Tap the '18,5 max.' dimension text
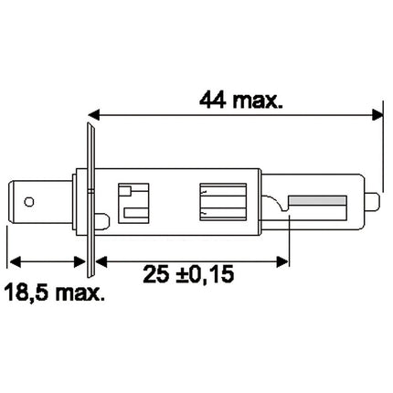click(55, 292)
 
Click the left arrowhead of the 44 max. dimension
click(96, 116)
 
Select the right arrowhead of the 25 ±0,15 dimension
click(280, 259)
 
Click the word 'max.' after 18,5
click(76, 292)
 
